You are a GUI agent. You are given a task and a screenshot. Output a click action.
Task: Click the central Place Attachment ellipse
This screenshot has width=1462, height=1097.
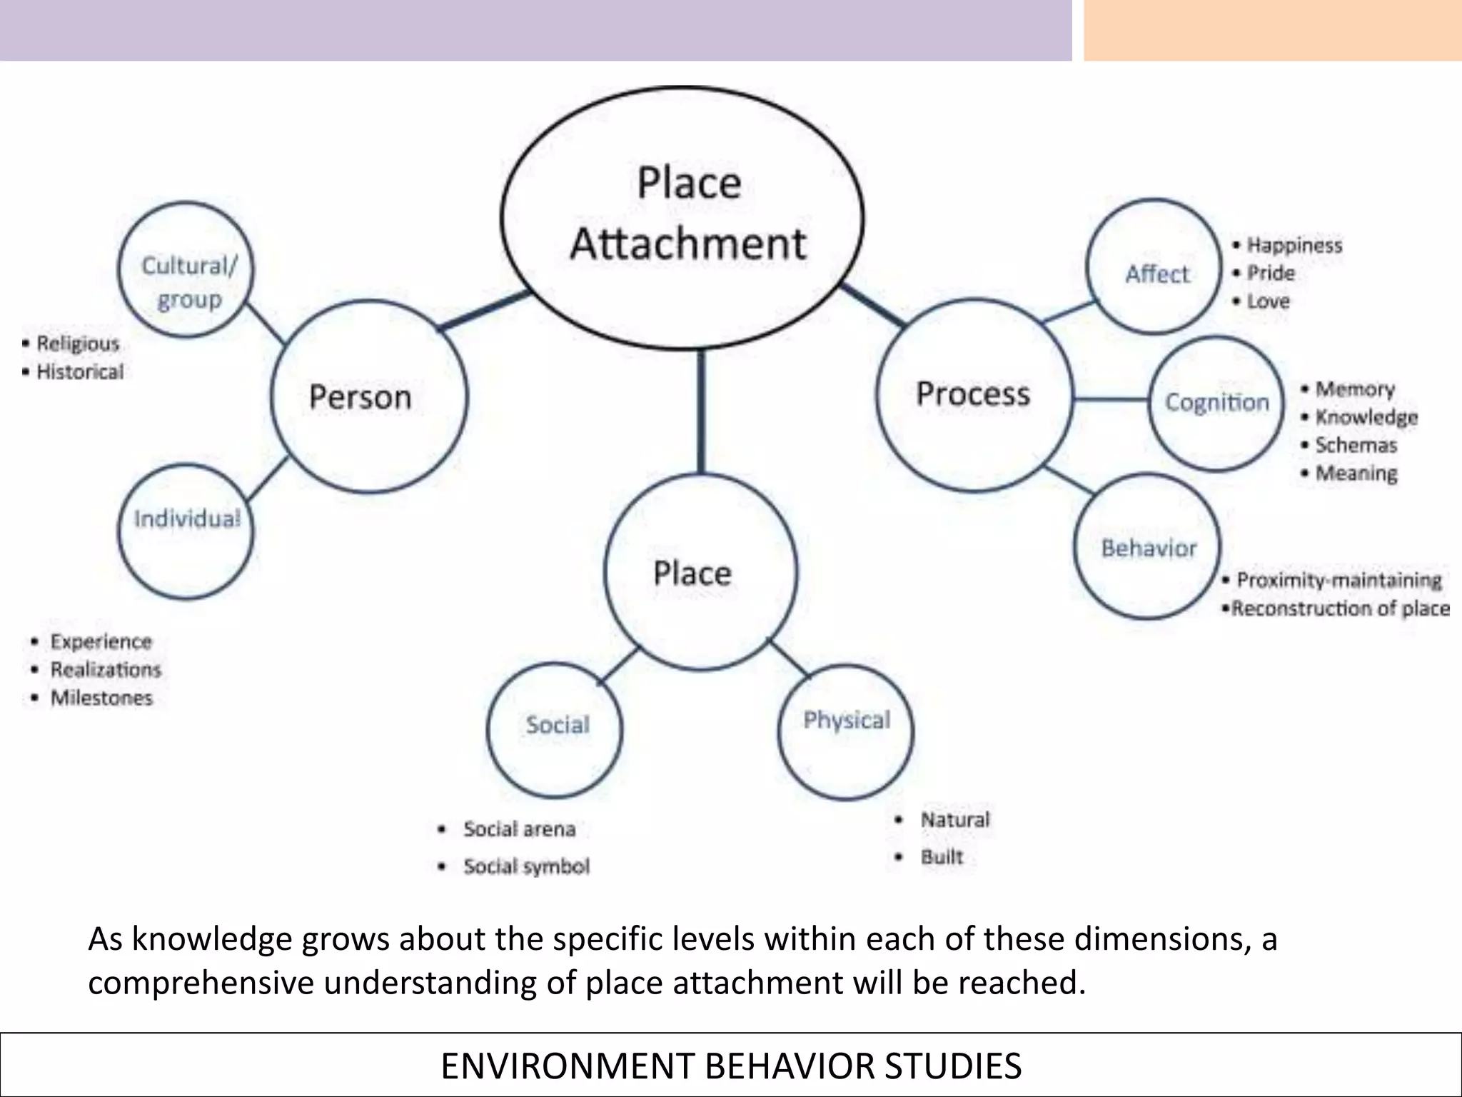682,218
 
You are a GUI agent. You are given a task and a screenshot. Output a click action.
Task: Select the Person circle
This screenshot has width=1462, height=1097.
368,396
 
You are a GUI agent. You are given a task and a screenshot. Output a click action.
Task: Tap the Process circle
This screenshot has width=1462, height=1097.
974,394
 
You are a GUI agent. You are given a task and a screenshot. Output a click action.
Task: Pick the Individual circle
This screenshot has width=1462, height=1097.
186,531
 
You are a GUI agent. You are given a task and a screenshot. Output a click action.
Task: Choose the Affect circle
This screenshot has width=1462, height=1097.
1154,266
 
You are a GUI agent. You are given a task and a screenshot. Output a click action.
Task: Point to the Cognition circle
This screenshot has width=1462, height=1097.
1216,404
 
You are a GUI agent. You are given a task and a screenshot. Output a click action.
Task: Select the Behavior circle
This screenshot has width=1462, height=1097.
1147,547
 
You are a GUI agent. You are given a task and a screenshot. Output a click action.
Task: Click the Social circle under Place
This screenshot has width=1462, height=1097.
555,729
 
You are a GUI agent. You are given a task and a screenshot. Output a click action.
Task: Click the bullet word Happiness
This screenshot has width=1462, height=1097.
1294,246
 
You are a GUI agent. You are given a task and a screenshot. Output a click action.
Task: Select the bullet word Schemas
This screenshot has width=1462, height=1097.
1356,446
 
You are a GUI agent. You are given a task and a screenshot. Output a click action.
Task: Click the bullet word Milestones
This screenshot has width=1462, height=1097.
101,698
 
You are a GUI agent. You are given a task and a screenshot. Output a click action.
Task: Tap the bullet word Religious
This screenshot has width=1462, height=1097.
78,344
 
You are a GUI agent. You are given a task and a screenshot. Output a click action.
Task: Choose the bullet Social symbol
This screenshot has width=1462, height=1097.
526,866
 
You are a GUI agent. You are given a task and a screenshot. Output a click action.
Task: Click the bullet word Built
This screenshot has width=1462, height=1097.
941,857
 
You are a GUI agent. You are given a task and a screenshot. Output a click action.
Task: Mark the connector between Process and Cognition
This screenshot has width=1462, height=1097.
1111,399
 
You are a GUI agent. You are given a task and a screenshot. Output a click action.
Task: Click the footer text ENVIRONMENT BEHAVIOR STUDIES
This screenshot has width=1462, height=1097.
731,1066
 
